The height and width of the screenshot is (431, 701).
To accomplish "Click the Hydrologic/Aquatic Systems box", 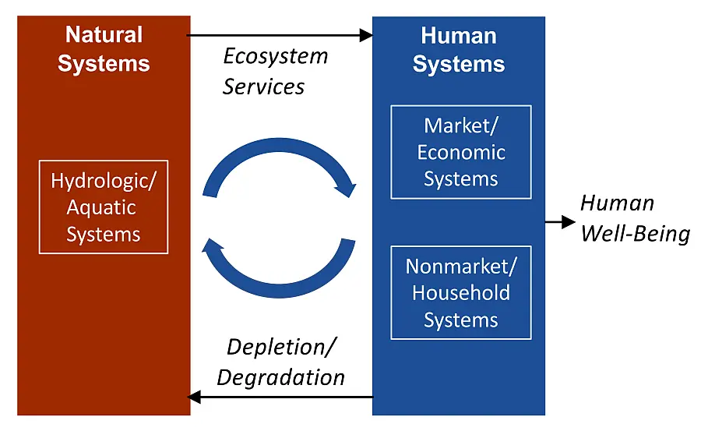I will [104, 207].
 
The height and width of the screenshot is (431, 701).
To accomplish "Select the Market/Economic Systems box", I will [460, 152].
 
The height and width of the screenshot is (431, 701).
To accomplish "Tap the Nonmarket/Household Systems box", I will [460, 293].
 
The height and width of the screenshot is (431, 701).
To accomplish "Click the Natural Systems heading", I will [104, 48].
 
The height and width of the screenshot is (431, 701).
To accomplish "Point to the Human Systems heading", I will [458, 49].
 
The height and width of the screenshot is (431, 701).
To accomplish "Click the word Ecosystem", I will [276, 56].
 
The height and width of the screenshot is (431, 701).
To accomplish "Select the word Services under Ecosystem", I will [263, 87].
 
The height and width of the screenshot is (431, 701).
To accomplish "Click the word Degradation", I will [280, 378].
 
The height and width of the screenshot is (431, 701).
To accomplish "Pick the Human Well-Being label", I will [635, 218].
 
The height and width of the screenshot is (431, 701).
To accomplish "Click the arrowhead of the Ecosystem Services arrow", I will [366, 34].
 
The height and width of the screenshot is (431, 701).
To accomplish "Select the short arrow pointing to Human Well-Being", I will [559, 222].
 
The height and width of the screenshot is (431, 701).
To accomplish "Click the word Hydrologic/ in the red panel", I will [104, 181].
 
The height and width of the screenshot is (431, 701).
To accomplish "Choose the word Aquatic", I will [101, 207].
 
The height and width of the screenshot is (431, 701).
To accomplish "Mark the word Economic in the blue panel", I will [460, 152].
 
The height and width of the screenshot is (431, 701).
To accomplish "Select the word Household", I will [460, 293].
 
